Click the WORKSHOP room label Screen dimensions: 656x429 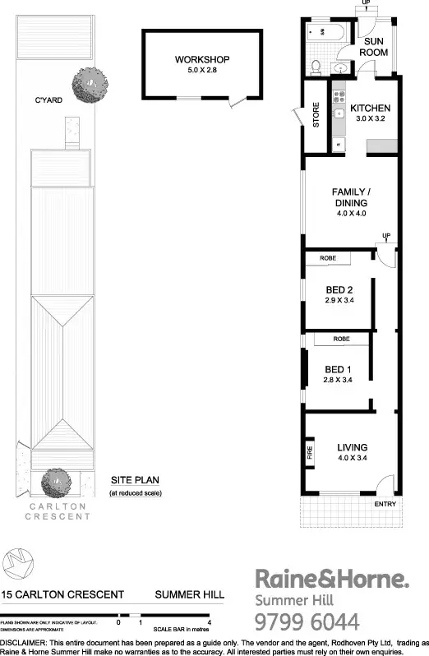pyautogui.click(x=201, y=59)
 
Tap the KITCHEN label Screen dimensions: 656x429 pyautogui.click(x=370, y=109)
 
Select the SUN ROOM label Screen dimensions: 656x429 pyautogui.click(x=376, y=45)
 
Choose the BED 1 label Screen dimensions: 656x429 pyautogui.click(x=338, y=369)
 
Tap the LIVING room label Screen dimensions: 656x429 pyautogui.click(x=352, y=447)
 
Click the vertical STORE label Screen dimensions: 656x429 pyautogui.click(x=316, y=117)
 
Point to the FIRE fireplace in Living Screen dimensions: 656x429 pyautogui.click(x=310, y=453)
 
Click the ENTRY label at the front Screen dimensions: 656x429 pyautogui.click(x=385, y=504)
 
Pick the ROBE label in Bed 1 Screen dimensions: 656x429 pyautogui.click(x=344, y=339)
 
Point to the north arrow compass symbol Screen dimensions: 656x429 pyautogui.click(x=18, y=563)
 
